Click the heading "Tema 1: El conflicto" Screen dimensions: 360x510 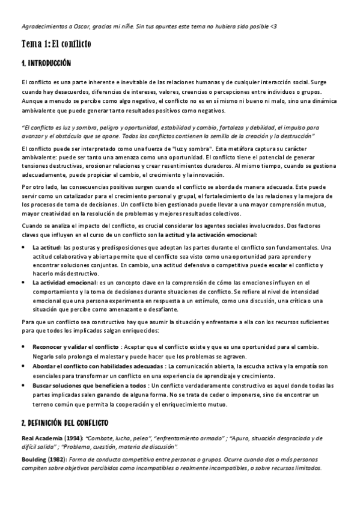(x=56, y=44)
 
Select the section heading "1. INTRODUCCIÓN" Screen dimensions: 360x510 (x=46, y=63)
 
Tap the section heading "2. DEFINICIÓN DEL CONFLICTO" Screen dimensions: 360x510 (x=64, y=423)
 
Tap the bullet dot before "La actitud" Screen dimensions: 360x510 (x=23, y=247)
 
